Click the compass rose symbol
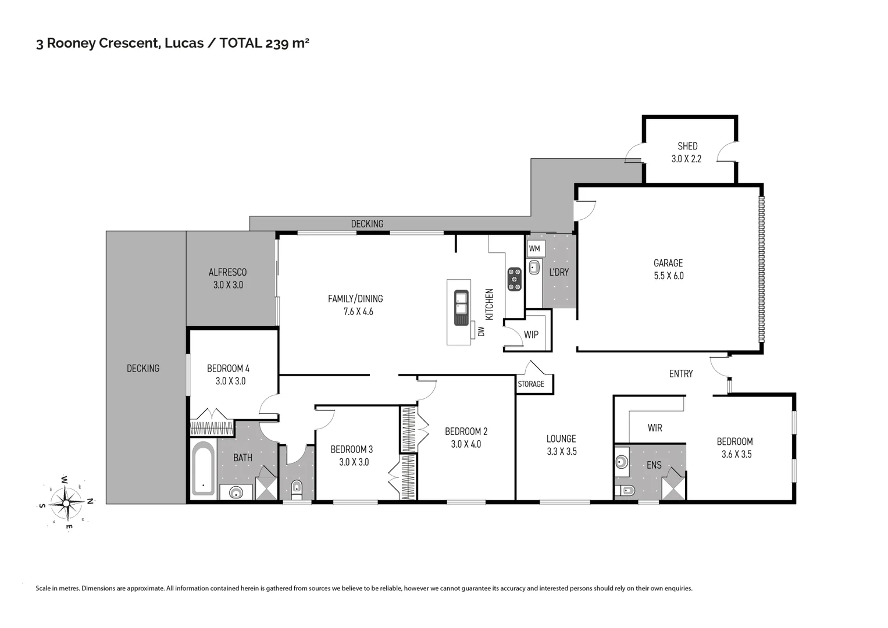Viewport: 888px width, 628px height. (x=66, y=502)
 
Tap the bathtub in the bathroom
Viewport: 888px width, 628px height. (x=203, y=468)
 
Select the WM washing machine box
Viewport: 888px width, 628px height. (x=534, y=249)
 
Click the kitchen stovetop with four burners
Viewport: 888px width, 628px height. (x=514, y=279)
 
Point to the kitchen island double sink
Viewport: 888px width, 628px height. (x=461, y=308)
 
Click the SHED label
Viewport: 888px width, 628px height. (x=687, y=146)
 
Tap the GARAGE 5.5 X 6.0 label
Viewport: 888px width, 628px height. (x=668, y=269)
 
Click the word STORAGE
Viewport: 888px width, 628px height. (x=531, y=384)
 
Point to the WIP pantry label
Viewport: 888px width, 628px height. (x=531, y=335)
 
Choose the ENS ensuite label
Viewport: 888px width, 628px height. (x=654, y=465)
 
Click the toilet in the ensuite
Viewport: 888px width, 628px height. (x=626, y=490)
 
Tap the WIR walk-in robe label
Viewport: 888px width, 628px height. (x=655, y=428)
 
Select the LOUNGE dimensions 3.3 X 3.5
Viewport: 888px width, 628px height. (x=561, y=451)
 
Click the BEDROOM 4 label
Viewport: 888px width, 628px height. (x=228, y=368)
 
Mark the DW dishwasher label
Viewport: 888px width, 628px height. (x=481, y=331)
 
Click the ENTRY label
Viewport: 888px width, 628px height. (x=680, y=374)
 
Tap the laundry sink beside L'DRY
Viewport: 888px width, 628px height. (x=534, y=268)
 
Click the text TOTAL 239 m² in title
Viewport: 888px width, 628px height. (x=264, y=43)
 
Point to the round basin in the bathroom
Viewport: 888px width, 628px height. (x=236, y=493)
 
